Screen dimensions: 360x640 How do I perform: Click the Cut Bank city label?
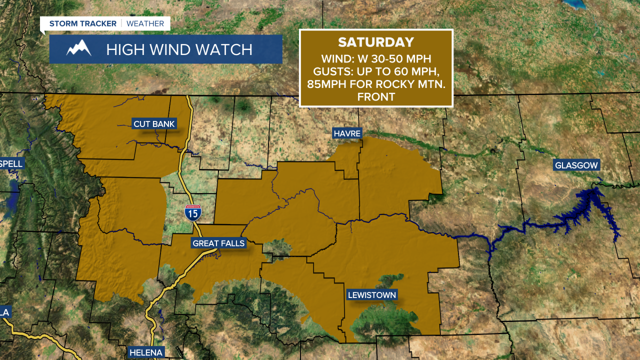point(154,124)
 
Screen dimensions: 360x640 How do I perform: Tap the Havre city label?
point(346,133)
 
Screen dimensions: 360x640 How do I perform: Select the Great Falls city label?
point(219,243)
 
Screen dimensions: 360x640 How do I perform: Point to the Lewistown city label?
point(372,295)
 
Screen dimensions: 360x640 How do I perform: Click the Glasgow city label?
point(576,165)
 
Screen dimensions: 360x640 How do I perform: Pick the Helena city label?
point(146,352)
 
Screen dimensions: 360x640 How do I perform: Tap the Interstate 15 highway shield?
point(192,213)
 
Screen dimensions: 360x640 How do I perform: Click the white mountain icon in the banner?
point(79,49)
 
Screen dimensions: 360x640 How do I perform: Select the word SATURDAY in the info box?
point(376,42)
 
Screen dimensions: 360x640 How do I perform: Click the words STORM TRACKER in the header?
point(83,23)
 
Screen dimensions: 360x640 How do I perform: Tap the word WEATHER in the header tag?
point(145,23)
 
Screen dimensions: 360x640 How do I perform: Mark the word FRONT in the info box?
point(376,97)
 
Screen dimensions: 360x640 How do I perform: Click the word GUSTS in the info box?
point(331,71)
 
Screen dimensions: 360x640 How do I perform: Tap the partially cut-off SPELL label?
point(11,163)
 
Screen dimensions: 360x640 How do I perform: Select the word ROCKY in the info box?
point(386,84)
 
